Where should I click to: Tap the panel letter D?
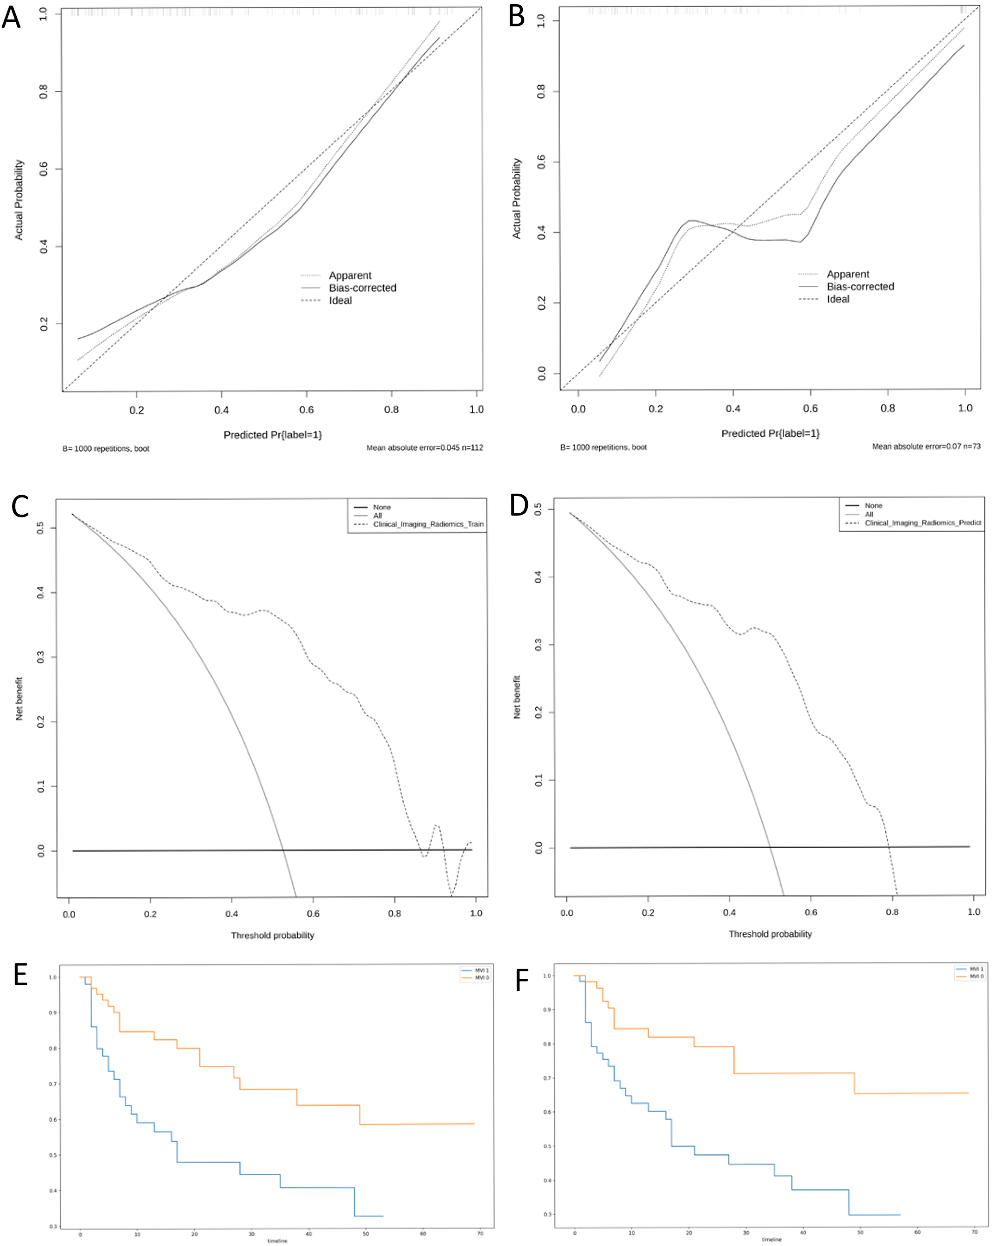click(x=519, y=506)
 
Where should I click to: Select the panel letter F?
click(x=521, y=981)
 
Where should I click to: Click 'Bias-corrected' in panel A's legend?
click(x=362, y=288)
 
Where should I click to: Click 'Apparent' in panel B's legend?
click(x=847, y=274)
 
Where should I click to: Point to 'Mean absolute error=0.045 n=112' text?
click(x=424, y=447)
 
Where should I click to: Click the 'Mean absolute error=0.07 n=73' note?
click(x=926, y=446)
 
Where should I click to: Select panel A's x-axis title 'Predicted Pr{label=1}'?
click(x=272, y=434)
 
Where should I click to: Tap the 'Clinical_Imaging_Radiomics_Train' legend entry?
click(x=428, y=524)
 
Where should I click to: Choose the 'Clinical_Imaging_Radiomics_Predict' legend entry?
click(x=922, y=522)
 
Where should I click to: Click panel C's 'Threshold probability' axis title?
click(x=272, y=935)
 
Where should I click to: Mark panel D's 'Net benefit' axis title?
click(x=517, y=697)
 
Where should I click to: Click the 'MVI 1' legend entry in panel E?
click(x=482, y=970)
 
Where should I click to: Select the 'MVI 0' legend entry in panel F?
click(x=976, y=976)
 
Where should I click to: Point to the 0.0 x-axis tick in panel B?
click(x=578, y=409)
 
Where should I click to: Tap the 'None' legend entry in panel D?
click(x=873, y=506)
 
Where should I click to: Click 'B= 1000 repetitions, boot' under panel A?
click(x=106, y=448)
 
